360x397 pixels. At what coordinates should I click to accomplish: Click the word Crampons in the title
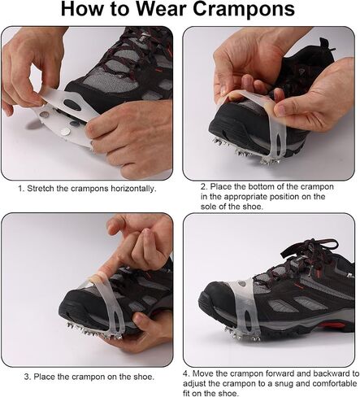pyautogui.click(x=244, y=9)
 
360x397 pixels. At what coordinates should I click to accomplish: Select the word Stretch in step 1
pyautogui.click(x=41, y=188)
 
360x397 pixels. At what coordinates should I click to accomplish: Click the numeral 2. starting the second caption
pyautogui.click(x=204, y=186)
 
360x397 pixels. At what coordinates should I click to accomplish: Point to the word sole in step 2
pyautogui.click(x=207, y=207)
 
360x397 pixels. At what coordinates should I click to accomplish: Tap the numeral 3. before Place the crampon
pyautogui.click(x=28, y=377)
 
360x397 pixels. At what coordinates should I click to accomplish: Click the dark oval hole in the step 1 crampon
pyautogui.click(x=72, y=104)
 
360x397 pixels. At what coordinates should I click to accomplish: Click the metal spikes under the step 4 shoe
pyautogui.click(x=241, y=335)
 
